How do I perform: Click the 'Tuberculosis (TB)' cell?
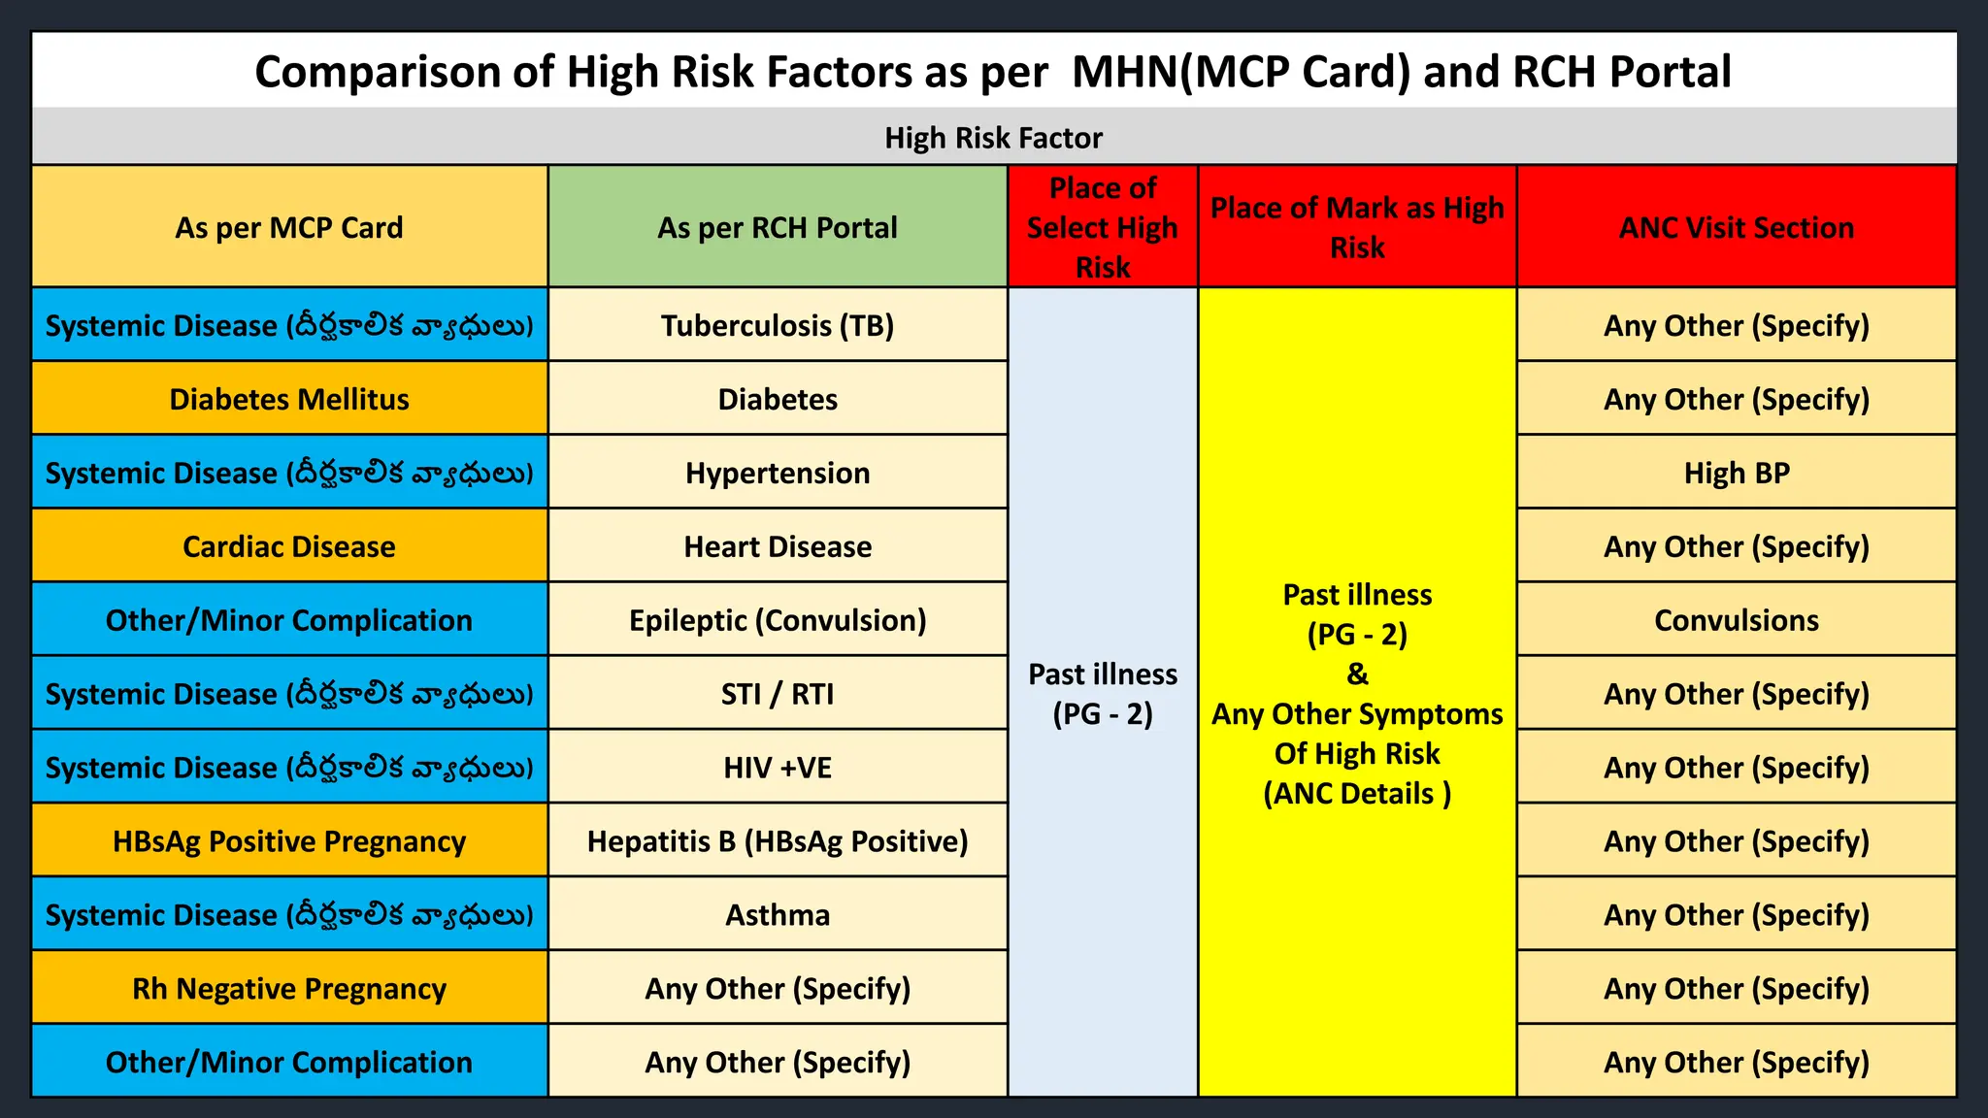click(778, 325)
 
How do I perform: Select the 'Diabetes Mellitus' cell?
click(289, 399)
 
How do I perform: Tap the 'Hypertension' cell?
click(778, 473)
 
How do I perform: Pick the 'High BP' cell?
click(1737, 473)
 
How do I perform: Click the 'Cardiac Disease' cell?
click(289, 546)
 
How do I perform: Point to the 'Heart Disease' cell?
click(778, 546)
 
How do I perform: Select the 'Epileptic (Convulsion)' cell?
click(778, 620)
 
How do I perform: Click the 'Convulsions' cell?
click(1737, 620)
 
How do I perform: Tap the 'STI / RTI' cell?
click(778, 694)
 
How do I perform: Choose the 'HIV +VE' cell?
click(778, 768)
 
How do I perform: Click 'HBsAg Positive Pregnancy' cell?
click(289, 841)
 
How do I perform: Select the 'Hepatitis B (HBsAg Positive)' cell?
click(778, 841)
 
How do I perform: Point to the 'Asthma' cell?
click(778, 915)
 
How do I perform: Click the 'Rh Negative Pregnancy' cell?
click(289, 989)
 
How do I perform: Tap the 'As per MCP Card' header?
click(289, 227)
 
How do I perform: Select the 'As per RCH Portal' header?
click(778, 227)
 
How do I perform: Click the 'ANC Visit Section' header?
click(1737, 227)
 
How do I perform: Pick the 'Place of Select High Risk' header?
click(1103, 227)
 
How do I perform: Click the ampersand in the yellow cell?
click(1357, 674)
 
